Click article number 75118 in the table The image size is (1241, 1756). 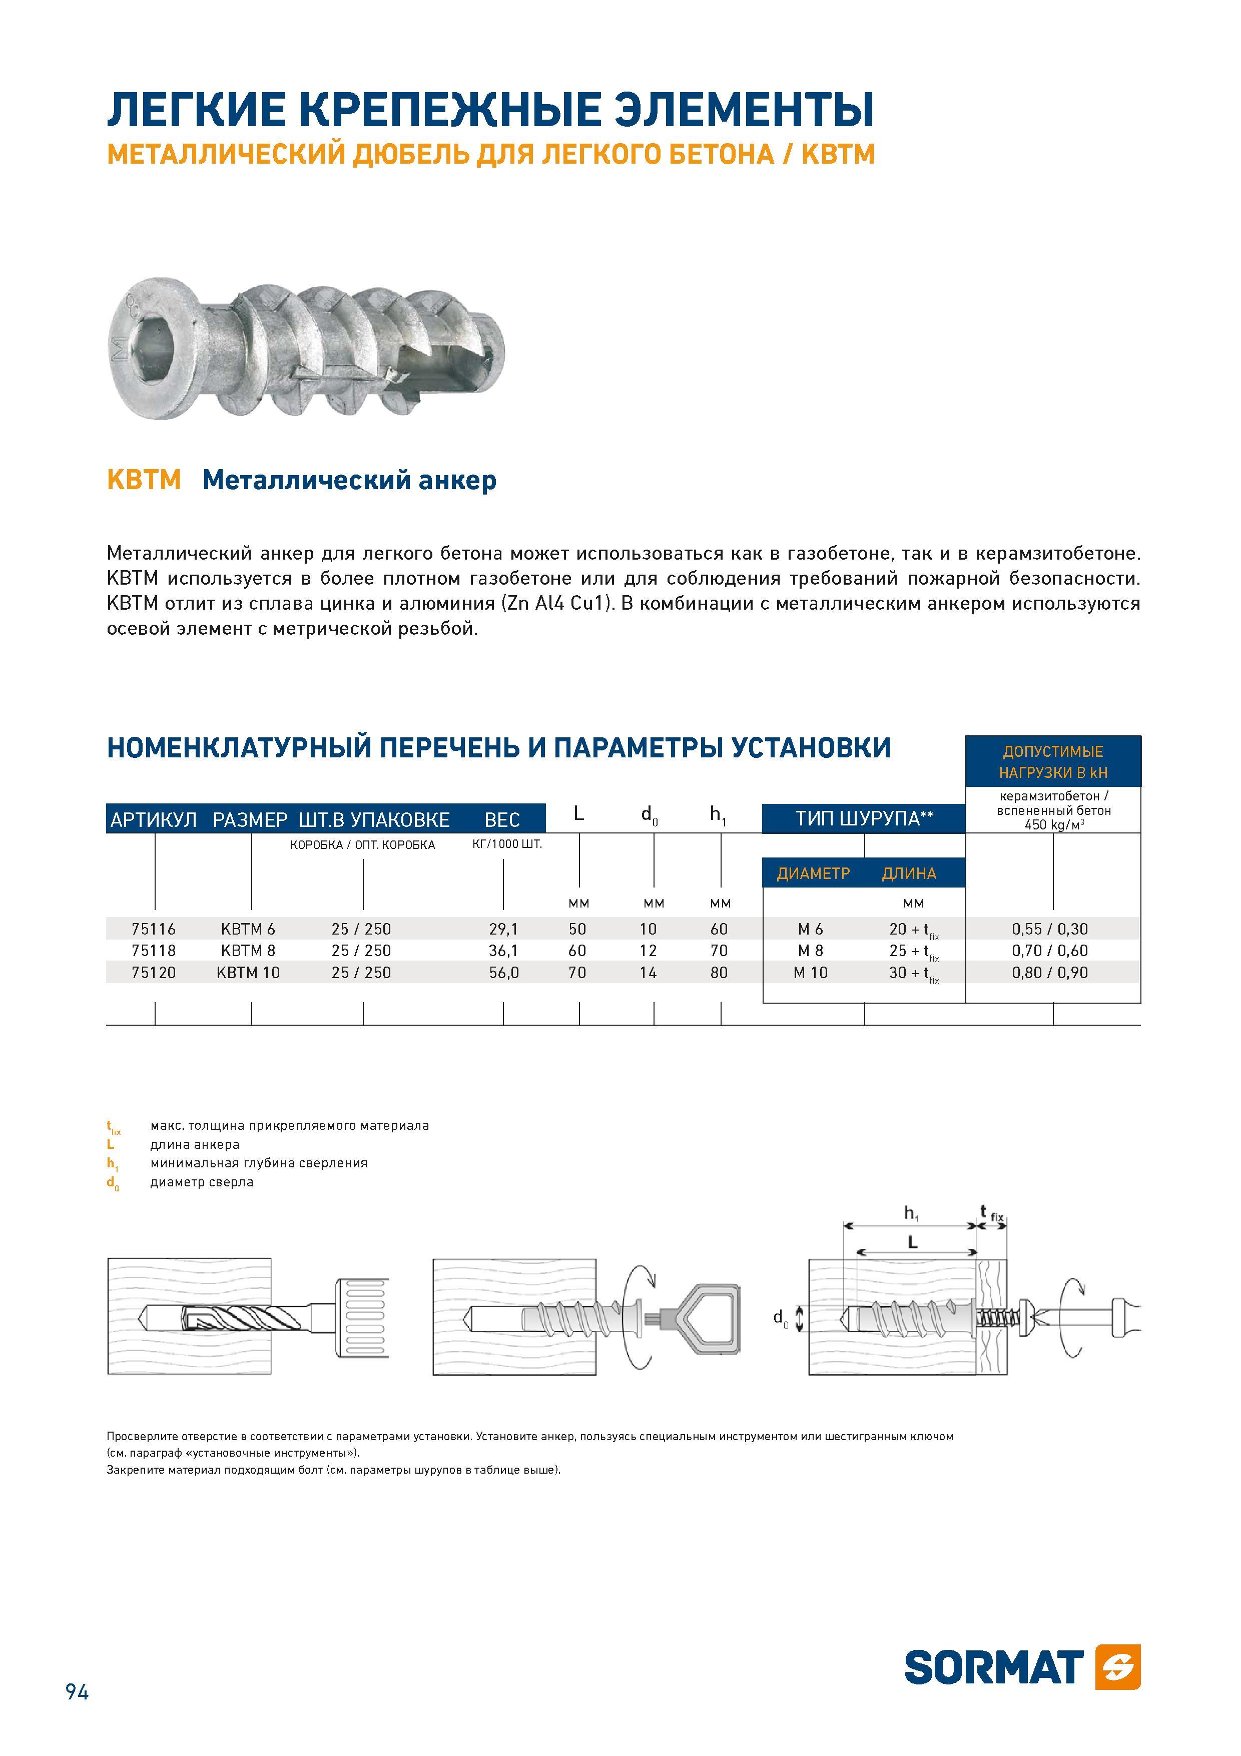pyautogui.click(x=154, y=951)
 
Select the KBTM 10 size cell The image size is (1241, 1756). pyautogui.click(x=249, y=973)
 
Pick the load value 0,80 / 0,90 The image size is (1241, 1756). pyautogui.click(x=1050, y=973)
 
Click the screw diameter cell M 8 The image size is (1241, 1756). pyautogui.click(x=811, y=951)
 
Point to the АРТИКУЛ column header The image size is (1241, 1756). pyautogui.click(x=154, y=820)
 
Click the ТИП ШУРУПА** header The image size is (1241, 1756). pyautogui.click(x=865, y=818)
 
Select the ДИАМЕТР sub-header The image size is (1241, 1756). pyautogui.click(x=814, y=873)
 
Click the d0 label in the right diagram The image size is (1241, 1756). pyautogui.click(x=780, y=1318)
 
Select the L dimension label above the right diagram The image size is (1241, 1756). pyautogui.click(x=912, y=1243)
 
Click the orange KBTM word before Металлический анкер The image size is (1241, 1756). pyautogui.click(x=144, y=481)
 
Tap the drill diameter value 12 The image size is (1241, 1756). pyautogui.click(x=649, y=951)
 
